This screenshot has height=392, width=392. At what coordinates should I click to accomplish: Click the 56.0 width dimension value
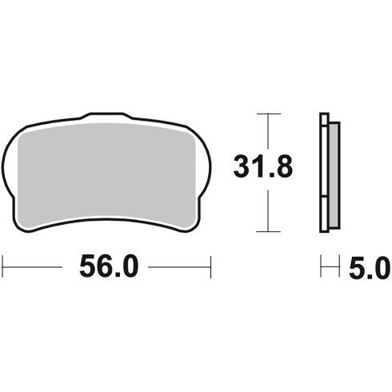point(109,266)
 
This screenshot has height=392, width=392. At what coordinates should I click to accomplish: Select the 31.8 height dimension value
point(263,167)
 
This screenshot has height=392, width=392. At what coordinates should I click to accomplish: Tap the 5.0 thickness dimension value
point(370,267)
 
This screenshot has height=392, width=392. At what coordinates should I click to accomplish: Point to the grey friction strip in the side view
point(334,175)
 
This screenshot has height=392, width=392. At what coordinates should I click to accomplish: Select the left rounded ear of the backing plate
point(10,166)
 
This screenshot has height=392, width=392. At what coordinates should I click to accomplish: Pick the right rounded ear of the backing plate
point(204,166)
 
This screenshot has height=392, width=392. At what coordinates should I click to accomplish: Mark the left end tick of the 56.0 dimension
point(2,267)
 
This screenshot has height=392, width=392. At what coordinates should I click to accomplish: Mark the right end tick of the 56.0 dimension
point(210,267)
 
